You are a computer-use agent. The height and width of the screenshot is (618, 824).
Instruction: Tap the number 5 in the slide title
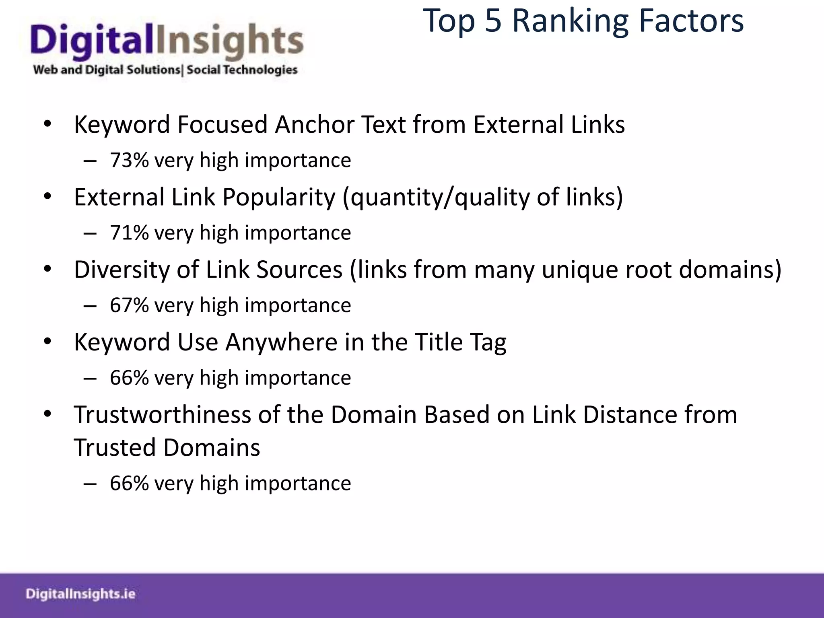pyautogui.click(x=493, y=21)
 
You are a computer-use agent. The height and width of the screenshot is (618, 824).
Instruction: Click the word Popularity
pyautogui.click(x=278, y=197)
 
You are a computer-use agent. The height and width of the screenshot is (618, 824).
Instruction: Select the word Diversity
pyautogui.click(x=122, y=270)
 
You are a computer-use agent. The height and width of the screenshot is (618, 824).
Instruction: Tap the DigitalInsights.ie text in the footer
pyautogui.click(x=80, y=594)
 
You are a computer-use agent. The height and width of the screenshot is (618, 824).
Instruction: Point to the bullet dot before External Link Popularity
pyautogui.click(x=48, y=197)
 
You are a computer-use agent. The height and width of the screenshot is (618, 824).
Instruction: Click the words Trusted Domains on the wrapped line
pyautogui.click(x=167, y=448)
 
